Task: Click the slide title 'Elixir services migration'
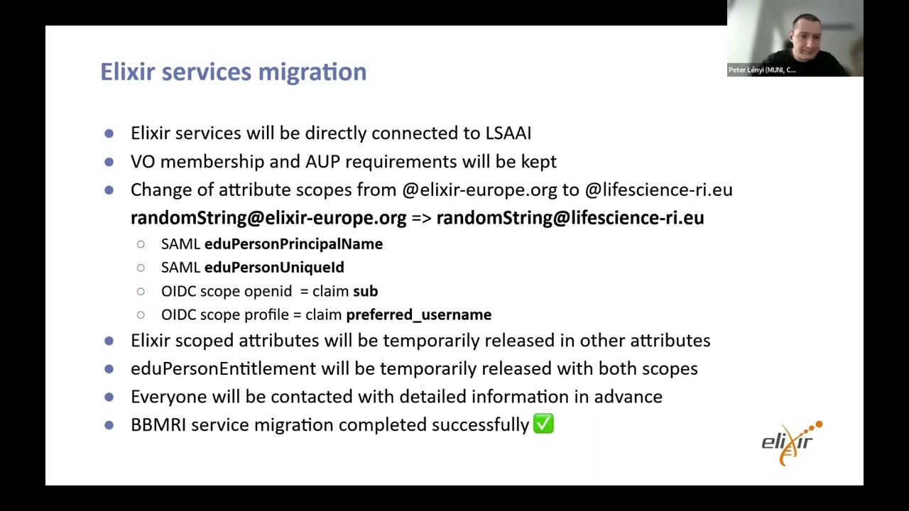[233, 72]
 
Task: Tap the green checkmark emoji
[543, 424]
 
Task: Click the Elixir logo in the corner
[791, 443]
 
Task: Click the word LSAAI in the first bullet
[508, 133]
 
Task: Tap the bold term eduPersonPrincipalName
[293, 244]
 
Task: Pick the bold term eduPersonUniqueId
[274, 268]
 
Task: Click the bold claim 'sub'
[365, 291]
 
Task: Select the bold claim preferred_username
[418, 314]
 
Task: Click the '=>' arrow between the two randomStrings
[421, 218]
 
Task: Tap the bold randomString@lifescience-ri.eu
[570, 218]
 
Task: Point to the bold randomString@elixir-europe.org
[268, 218]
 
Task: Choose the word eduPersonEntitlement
[223, 368]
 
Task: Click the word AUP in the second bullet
[322, 162]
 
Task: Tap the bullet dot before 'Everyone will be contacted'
[109, 397]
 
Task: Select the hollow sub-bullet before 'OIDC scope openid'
[141, 291]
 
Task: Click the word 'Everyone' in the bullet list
[163, 397]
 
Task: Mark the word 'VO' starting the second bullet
[142, 162]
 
